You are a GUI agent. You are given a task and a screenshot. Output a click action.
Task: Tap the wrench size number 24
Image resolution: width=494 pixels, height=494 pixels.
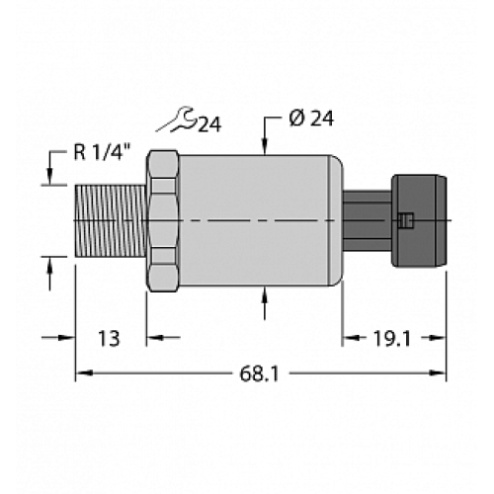click(x=208, y=124)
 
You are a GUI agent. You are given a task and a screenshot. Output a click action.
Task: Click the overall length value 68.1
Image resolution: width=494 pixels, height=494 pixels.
click(x=260, y=373)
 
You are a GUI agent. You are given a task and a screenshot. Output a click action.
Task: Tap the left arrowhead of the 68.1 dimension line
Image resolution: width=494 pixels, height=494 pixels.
click(x=83, y=373)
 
